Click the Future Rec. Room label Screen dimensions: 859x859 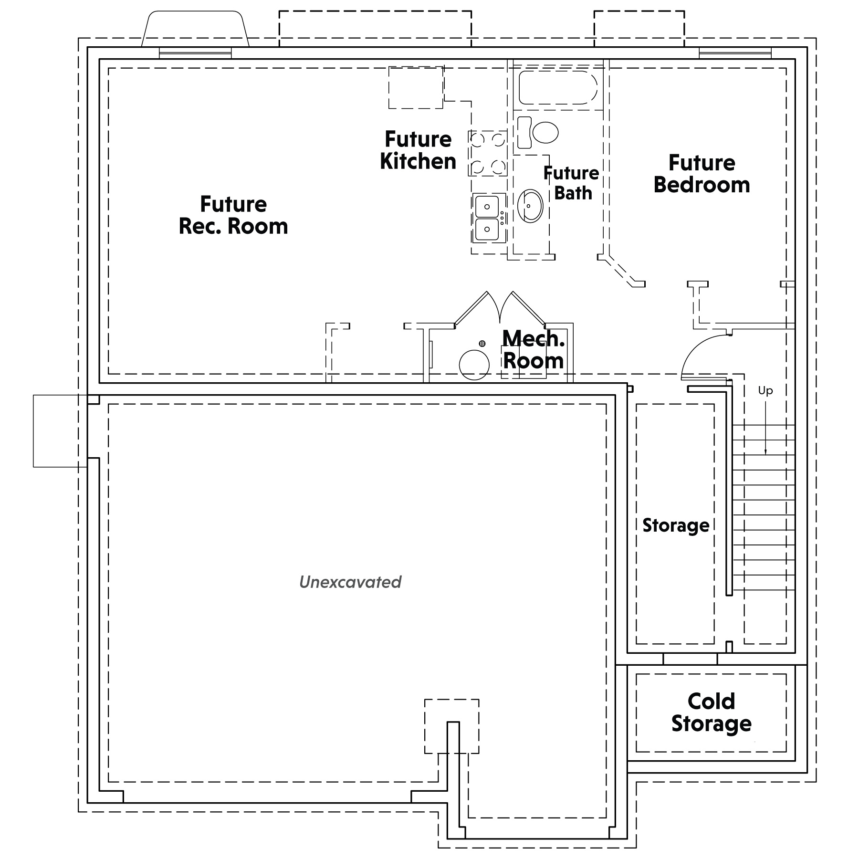[x=233, y=215]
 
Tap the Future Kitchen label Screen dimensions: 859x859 [x=418, y=150]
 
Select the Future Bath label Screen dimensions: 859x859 [x=572, y=183]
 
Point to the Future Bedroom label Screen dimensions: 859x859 [x=702, y=174]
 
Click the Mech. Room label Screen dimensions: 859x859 [x=534, y=349]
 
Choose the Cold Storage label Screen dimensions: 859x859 [x=711, y=712]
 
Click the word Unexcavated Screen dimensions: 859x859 [x=350, y=582]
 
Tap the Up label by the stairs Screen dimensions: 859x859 [x=765, y=391]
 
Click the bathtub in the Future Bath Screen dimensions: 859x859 [x=557, y=88]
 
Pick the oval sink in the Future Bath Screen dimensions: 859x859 [x=530, y=206]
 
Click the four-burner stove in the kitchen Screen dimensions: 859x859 [x=487, y=153]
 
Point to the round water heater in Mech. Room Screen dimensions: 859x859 [x=474, y=365]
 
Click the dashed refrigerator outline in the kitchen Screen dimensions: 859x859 [x=416, y=87]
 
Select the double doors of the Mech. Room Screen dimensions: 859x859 [x=500, y=308]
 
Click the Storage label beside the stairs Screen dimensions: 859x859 [x=675, y=525]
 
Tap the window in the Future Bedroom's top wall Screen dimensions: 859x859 [x=735, y=53]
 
